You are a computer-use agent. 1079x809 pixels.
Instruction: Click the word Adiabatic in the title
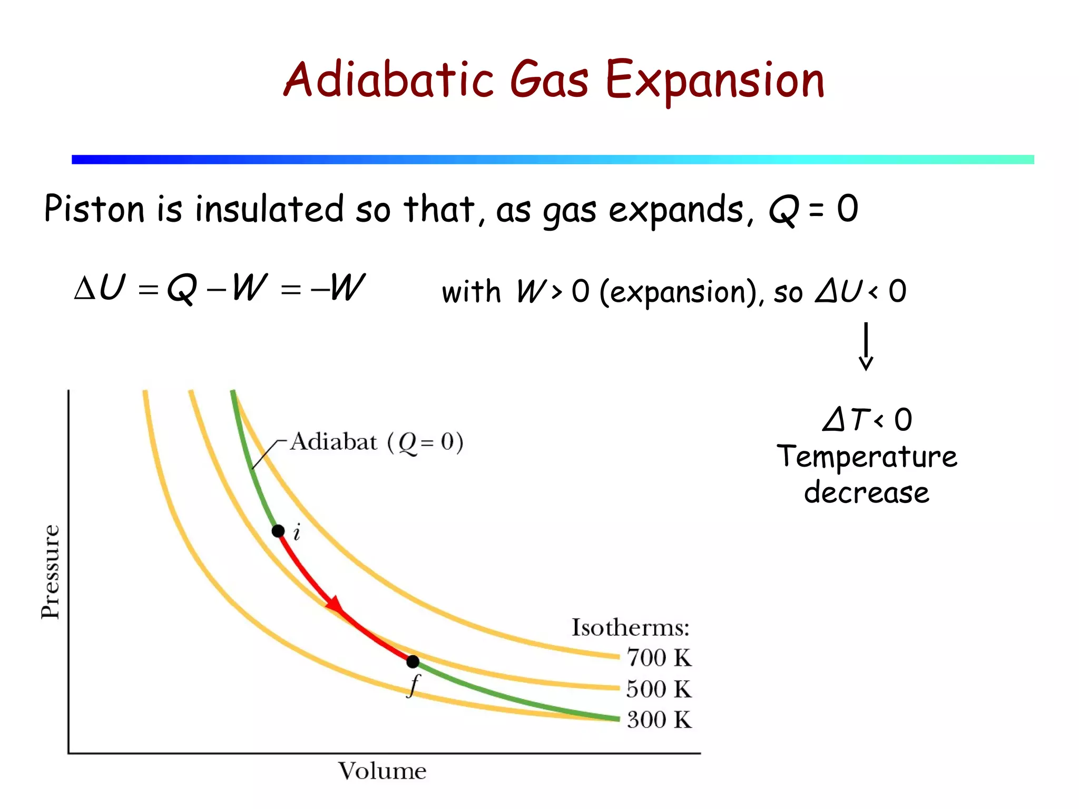click(x=388, y=80)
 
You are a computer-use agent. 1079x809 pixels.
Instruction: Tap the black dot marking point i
click(x=278, y=531)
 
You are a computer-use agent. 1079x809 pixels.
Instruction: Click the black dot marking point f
click(x=413, y=661)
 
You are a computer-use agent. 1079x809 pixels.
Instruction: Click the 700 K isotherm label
click(x=659, y=658)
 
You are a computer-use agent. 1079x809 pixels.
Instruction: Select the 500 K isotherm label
click(x=659, y=689)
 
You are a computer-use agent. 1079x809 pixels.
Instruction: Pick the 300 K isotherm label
click(x=659, y=719)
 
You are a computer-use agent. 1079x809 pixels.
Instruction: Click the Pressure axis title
click(x=51, y=571)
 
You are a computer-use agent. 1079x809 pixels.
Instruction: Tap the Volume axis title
click(x=382, y=771)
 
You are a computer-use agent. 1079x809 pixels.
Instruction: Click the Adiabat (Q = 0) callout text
click(x=377, y=442)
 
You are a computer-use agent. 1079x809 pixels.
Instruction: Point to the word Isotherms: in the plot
click(x=631, y=627)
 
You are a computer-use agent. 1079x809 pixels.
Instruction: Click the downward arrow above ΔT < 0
click(x=866, y=348)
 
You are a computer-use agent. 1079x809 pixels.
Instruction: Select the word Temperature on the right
click(x=867, y=456)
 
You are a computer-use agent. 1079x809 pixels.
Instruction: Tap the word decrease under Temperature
click(x=867, y=493)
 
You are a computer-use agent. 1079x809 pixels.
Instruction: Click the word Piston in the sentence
click(x=94, y=209)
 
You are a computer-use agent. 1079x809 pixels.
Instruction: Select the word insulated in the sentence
click(x=269, y=209)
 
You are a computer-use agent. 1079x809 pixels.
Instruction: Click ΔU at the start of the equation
click(x=100, y=288)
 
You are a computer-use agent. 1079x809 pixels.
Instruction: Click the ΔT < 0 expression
click(x=867, y=420)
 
